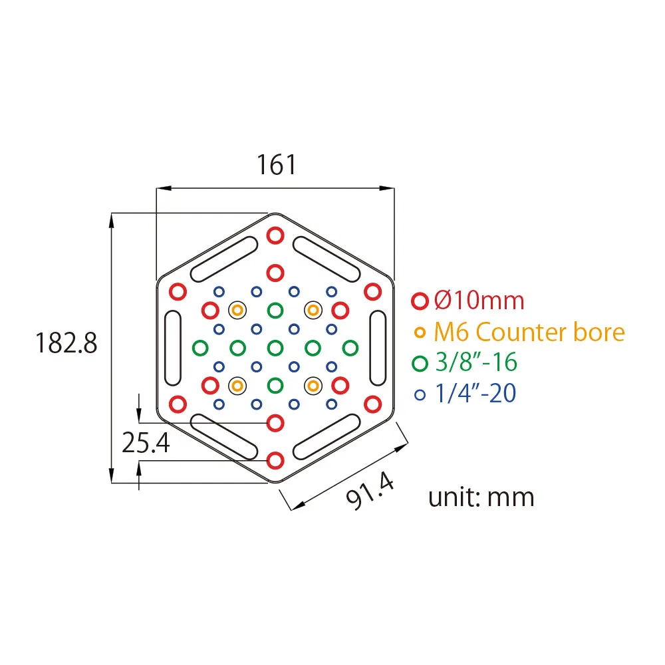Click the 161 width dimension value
pyautogui.click(x=276, y=165)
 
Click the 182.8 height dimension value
pyautogui.click(x=66, y=342)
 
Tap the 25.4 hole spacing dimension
pyautogui.click(x=146, y=443)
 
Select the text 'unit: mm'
pyautogui.click(x=481, y=497)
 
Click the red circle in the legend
pyautogui.click(x=420, y=301)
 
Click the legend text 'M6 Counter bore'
pyautogui.click(x=529, y=332)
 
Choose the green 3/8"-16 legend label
pyautogui.click(x=476, y=362)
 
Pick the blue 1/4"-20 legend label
pyautogui.click(x=475, y=393)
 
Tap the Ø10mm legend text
pyautogui.click(x=479, y=301)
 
